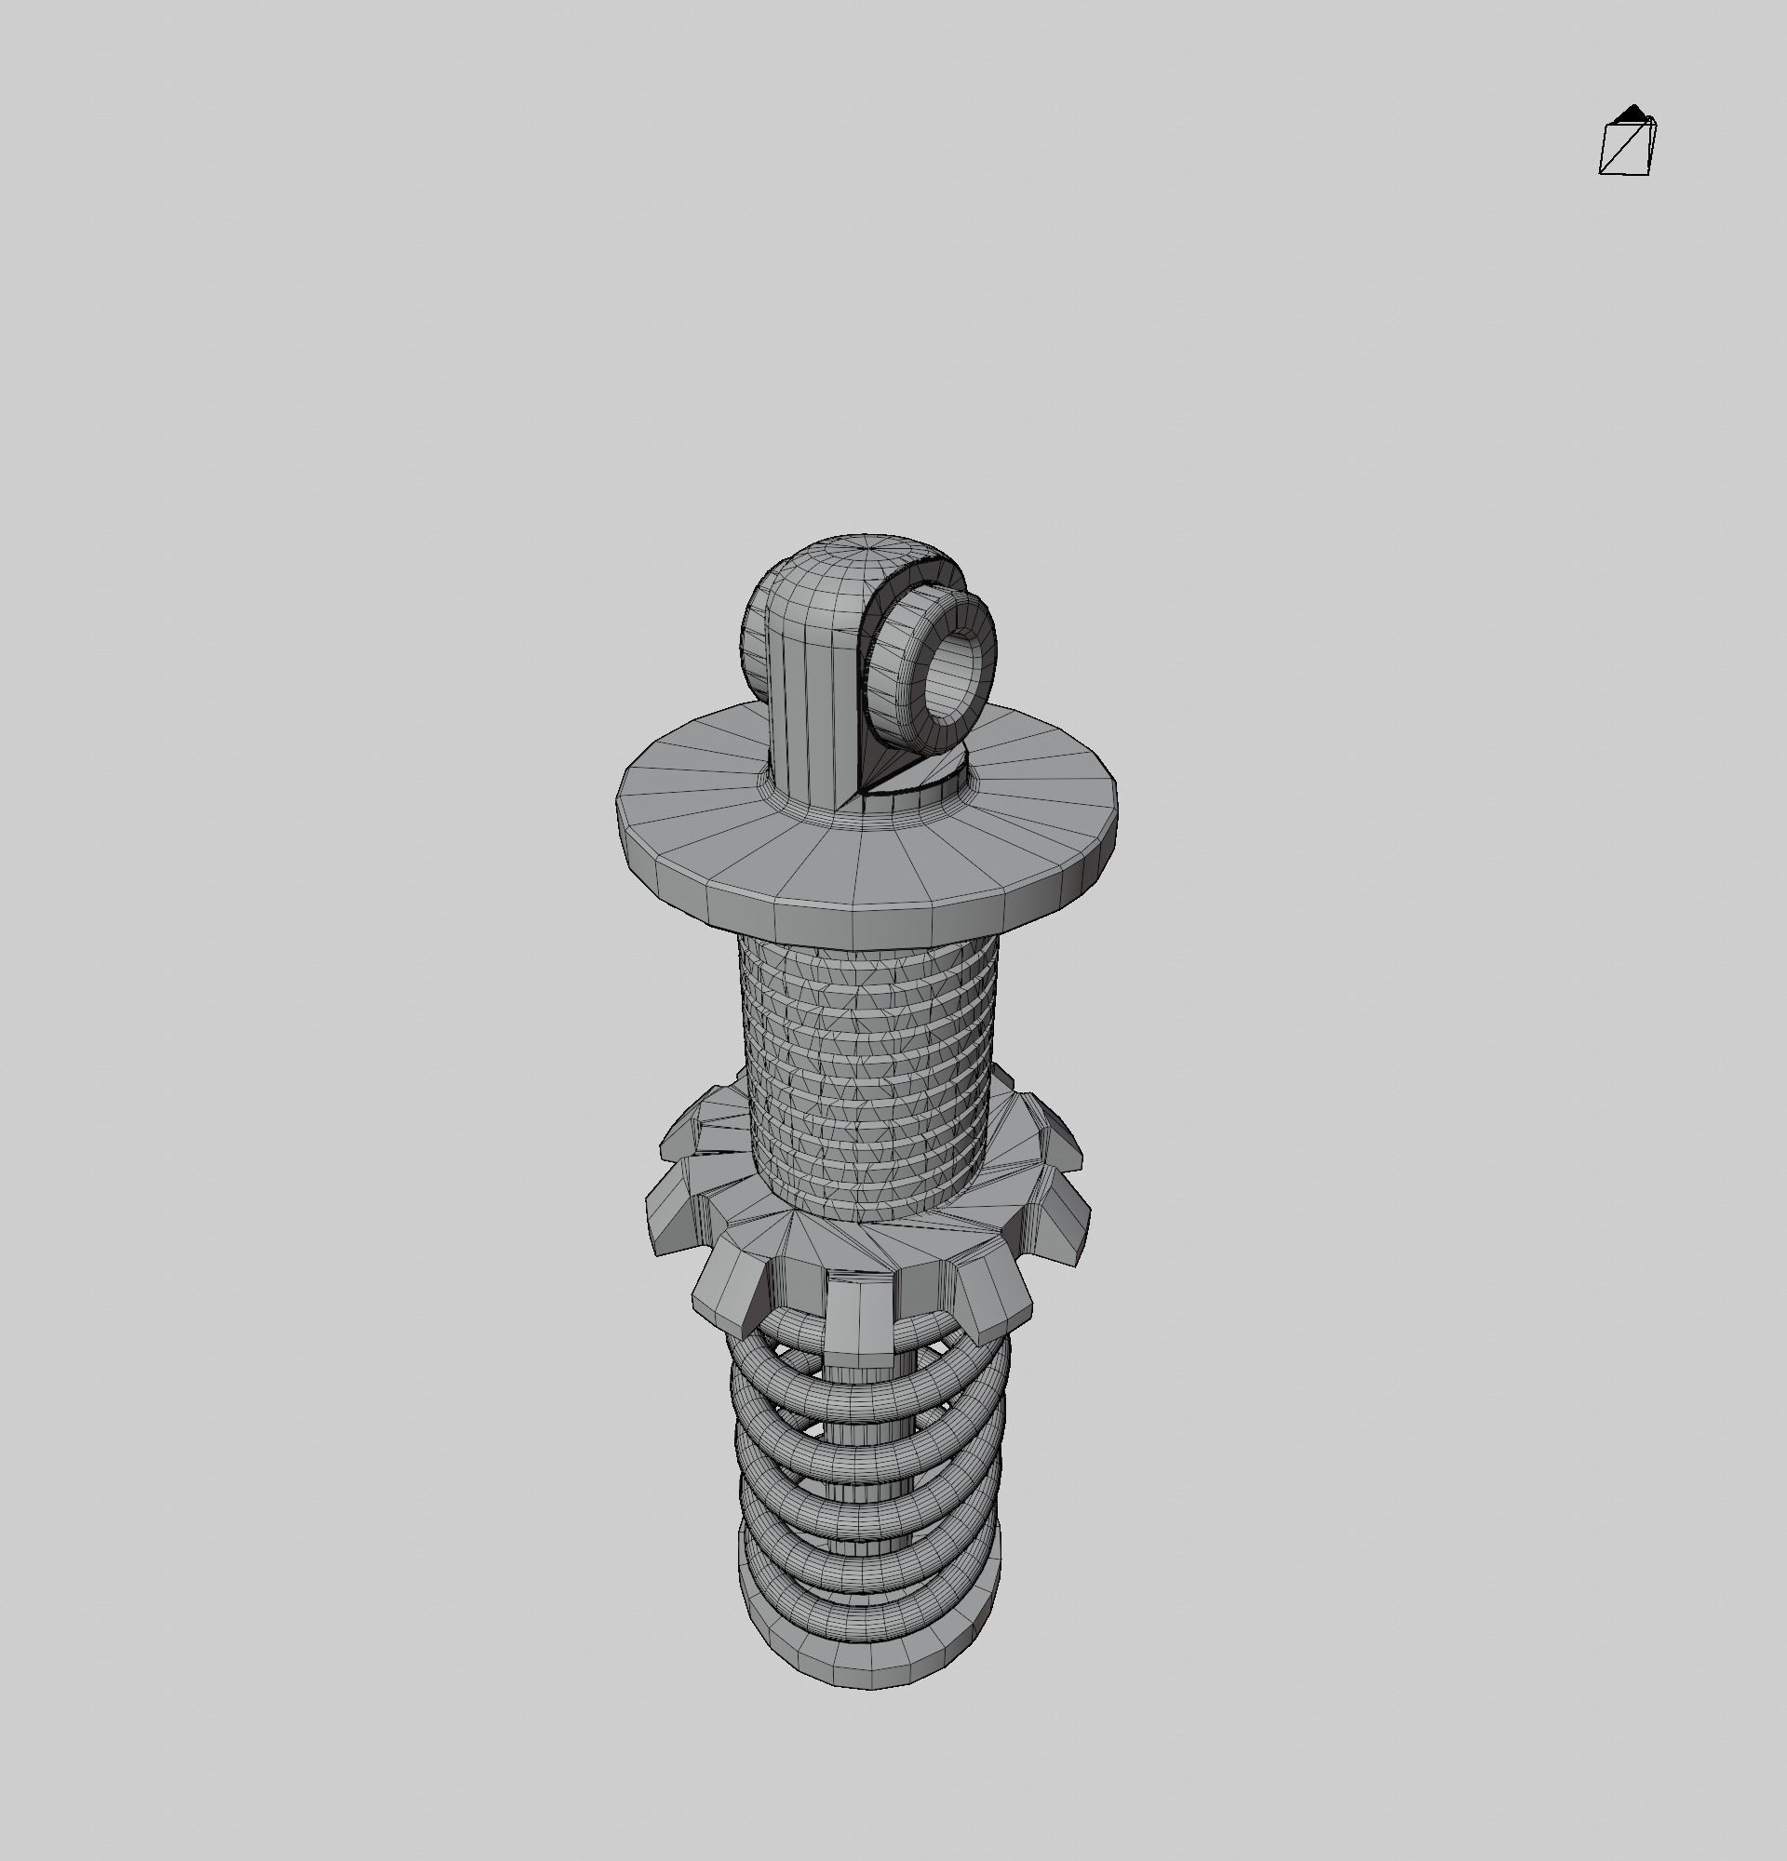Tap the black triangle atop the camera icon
pos(1632,114)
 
